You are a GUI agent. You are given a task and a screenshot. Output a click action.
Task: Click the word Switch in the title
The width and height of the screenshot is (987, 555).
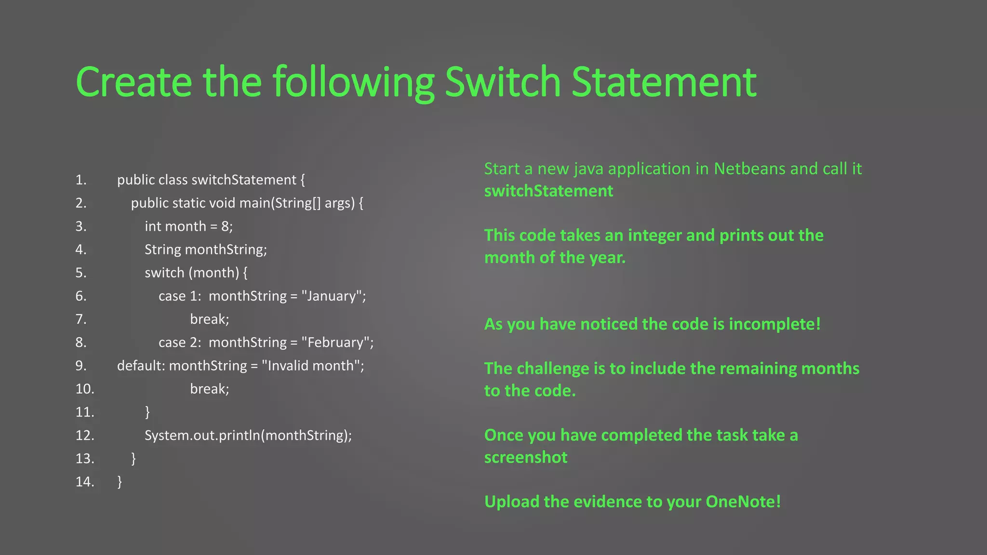point(503,82)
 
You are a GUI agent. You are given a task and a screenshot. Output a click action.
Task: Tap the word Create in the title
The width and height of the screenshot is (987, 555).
point(133,82)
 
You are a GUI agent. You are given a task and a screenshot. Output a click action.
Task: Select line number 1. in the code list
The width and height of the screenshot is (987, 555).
point(81,180)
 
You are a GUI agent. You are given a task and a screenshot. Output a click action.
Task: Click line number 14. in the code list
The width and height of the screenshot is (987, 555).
point(85,481)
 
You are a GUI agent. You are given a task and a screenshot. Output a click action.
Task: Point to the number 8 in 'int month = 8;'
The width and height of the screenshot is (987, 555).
point(225,226)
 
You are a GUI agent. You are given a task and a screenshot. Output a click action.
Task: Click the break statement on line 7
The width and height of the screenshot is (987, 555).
point(210,319)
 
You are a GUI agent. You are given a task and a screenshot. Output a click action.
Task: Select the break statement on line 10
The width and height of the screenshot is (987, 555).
point(210,389)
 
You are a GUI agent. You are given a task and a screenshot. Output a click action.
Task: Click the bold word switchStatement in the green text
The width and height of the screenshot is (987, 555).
point(548,191)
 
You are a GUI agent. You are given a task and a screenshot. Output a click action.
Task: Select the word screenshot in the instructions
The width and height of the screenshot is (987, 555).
point(526,457)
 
